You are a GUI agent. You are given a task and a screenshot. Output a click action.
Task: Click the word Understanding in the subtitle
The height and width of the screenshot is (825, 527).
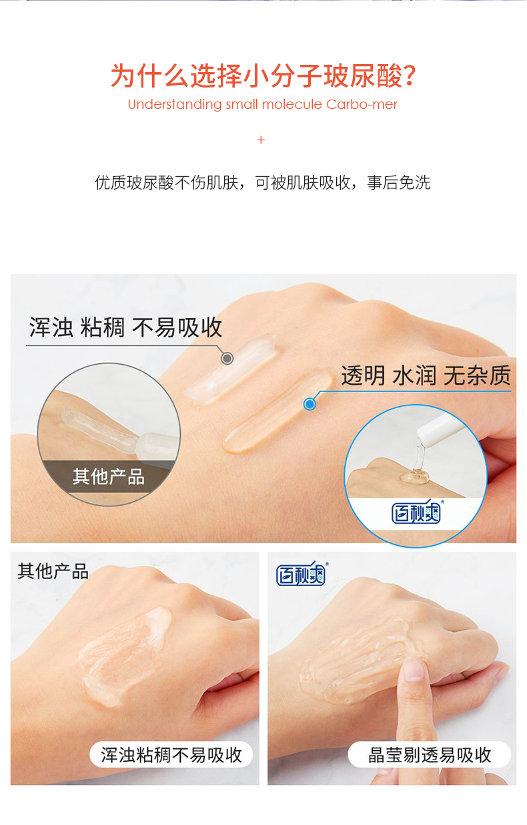click(174, 105)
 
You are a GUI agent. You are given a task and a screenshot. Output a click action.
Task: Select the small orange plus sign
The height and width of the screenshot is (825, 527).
click(261, 140)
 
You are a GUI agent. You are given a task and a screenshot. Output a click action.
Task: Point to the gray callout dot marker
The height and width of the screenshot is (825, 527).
click(227, 359)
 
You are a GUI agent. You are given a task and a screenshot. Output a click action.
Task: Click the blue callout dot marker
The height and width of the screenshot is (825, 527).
click(310, 403)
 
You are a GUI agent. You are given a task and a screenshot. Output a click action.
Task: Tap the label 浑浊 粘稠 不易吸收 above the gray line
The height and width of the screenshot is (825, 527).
click(125, 328)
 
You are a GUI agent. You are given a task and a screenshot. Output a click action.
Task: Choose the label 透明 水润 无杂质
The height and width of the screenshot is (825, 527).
click(425, 375)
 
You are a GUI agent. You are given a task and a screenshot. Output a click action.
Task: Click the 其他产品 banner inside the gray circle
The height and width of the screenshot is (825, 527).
click(109, 476)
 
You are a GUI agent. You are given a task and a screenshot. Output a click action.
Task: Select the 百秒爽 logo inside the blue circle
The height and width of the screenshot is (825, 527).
click(415, 512)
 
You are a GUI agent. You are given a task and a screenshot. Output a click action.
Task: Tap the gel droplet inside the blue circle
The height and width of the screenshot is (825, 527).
click(412, 476)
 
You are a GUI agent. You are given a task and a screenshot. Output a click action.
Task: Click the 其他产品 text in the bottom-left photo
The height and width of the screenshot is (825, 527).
click(53, 572)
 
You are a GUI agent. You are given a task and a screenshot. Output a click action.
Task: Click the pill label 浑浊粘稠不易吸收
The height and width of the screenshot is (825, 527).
click(171, 755)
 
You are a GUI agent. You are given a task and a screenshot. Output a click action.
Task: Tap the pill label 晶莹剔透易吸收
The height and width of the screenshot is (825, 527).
click(430, 755)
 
